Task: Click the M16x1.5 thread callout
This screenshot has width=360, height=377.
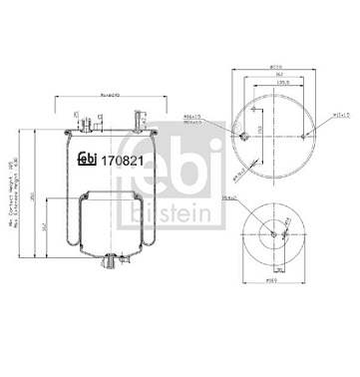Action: point(220,117)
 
